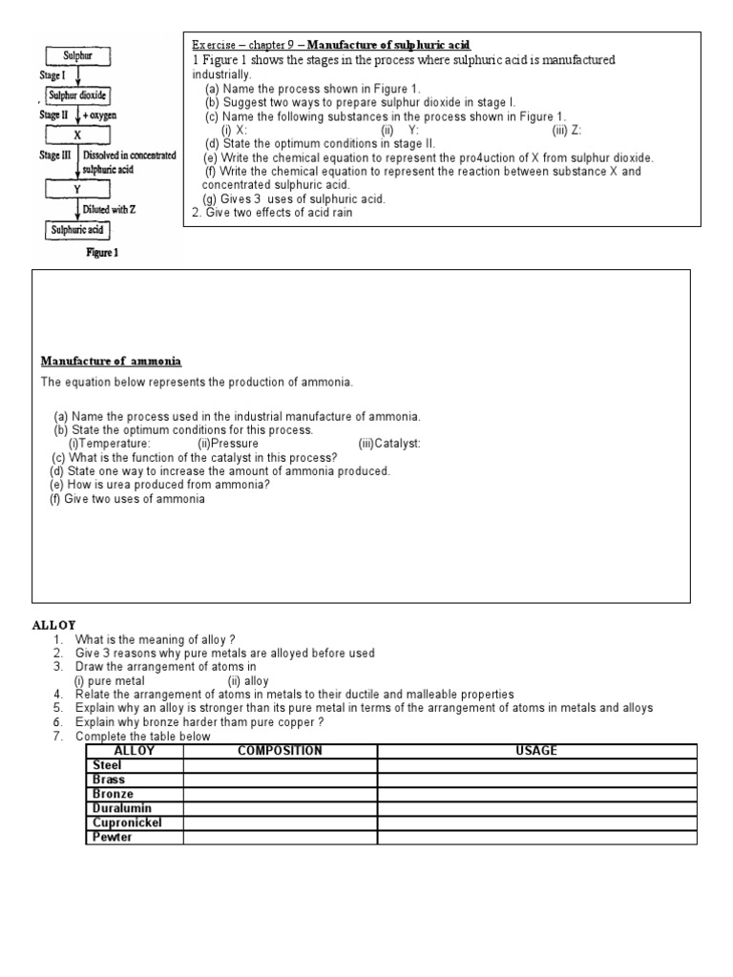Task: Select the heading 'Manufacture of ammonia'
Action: tap(111, 362)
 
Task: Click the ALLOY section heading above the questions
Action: tap(54, 625)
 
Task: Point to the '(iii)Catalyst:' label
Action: tap(389, 444)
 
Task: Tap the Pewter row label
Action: tap(112, 837)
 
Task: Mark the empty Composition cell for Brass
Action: tap(280, 780)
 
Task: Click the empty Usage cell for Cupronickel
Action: tap(535, 822)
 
